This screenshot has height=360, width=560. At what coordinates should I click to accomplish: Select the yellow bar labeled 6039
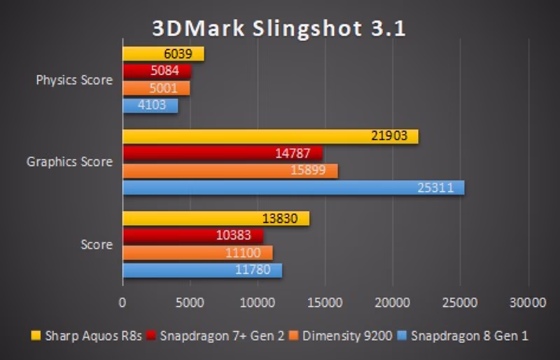pos(163,54)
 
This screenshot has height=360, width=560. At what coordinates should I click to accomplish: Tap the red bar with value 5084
pos(157,71)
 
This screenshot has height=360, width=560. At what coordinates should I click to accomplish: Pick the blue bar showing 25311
pos(293,188)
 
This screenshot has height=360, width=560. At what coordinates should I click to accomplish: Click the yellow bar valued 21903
pos(270,137)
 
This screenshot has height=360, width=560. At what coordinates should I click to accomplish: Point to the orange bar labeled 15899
pos(230,171)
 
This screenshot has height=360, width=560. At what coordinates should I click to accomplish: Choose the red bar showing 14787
pos(223,154)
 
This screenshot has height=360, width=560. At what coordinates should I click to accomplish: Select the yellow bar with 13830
pos(216,219)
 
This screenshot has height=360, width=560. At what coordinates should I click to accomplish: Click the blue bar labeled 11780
pos(202,270)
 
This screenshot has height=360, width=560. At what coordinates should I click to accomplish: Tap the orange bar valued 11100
pos(197,253)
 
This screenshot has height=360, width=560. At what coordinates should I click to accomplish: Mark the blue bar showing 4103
pos(150,105)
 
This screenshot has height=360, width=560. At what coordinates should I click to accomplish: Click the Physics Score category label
pos(74,80)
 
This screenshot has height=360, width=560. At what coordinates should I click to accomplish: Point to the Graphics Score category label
pos(69,162)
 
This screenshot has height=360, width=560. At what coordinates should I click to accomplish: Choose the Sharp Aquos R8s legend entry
pos(87,335)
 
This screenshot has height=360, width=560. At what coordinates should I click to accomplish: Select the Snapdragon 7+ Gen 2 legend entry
pos(217,335)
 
